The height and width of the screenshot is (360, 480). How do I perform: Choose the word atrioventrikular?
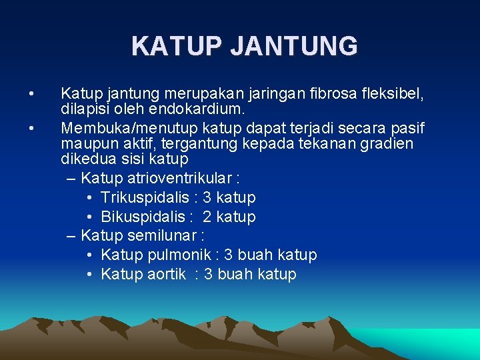click(180, 178)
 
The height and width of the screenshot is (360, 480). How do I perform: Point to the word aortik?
click(164, 274)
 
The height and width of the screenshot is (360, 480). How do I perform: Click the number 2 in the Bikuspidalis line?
click(207, 217)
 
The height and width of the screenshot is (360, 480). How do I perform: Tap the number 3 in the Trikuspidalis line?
click(207, 197)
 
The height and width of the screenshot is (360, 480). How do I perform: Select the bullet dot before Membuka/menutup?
click(31, 125)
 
